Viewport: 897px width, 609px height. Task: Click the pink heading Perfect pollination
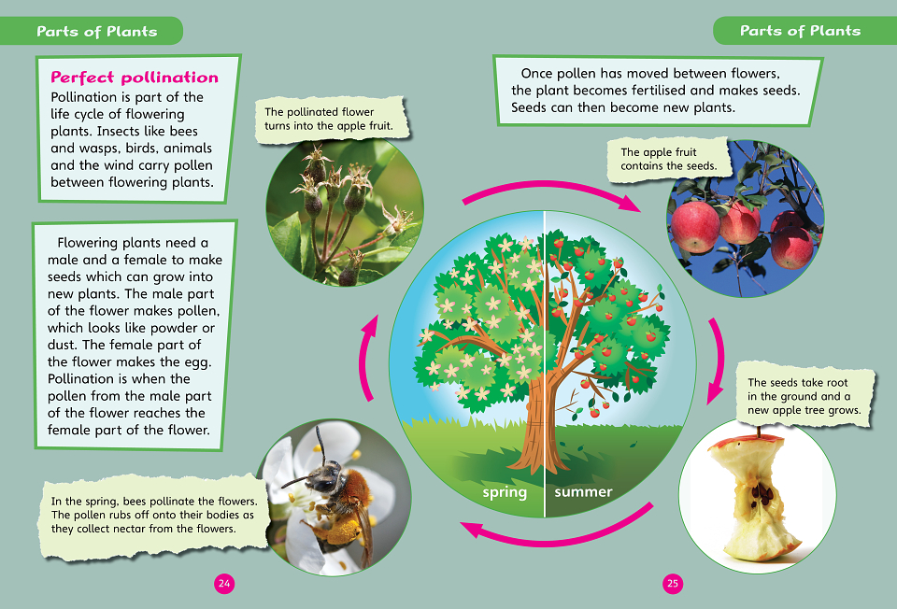135,78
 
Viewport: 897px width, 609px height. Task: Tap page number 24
224,583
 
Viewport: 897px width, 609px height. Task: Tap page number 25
673,583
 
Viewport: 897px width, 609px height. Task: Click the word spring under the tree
505,492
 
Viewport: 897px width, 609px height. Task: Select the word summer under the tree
583,491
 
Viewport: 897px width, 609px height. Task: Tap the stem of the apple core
759,432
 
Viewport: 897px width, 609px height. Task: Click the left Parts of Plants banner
92,31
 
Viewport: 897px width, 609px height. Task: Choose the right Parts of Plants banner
804,30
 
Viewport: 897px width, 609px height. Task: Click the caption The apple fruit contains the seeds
668,159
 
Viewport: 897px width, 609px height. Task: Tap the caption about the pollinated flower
330,119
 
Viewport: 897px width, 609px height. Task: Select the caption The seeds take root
804,396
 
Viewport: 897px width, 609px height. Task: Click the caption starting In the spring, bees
154,515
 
